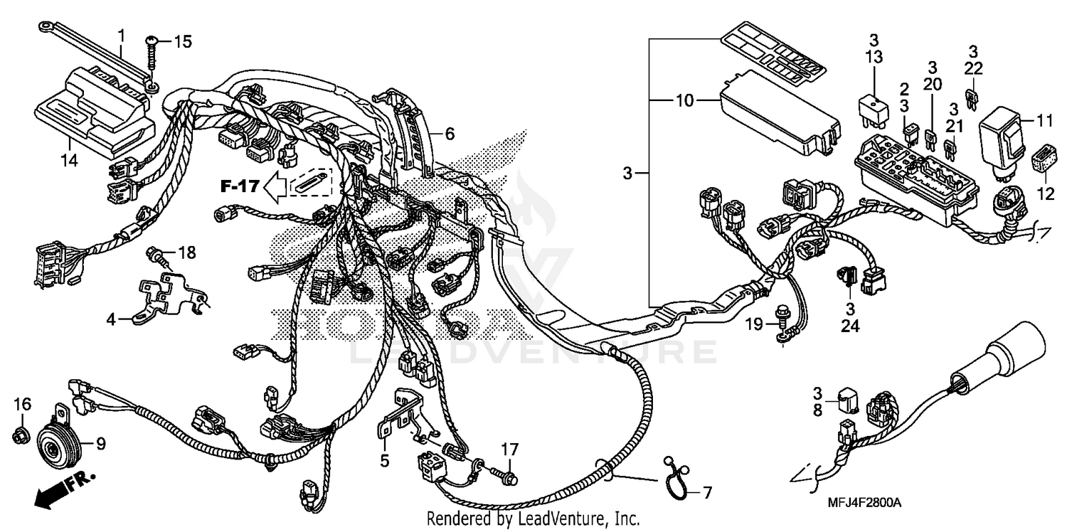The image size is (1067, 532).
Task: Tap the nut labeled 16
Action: (21, 433)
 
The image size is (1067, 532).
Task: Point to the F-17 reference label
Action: (238, 187)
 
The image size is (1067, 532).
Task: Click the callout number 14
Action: (68, 161)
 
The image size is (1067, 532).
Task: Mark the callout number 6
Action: (450, 133)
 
